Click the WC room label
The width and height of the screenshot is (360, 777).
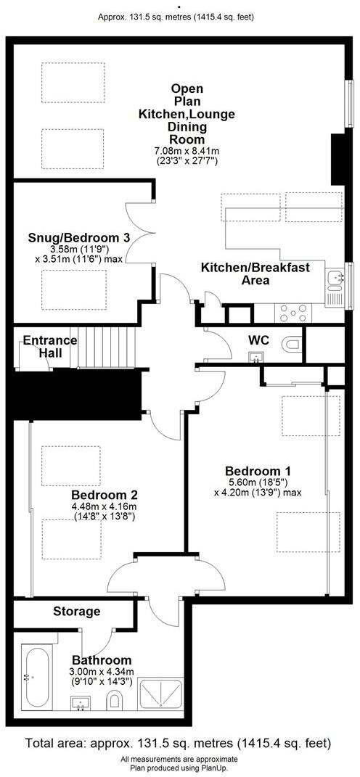(x=259, y=340)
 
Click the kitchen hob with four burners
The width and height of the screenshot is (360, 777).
(x=292, y=313)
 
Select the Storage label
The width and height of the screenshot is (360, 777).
(x=76, y=611)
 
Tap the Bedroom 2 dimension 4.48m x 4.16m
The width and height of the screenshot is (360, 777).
(x=104, y=506)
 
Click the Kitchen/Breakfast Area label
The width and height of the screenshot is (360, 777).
(x=255, y=274)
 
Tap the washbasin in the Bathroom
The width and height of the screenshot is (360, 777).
(x=81, y=702)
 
